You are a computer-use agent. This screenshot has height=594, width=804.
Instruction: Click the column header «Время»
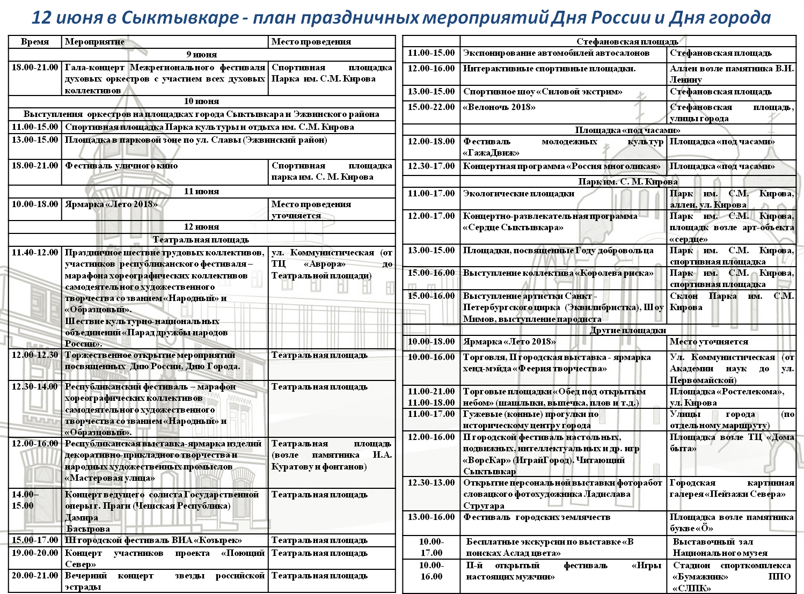tap(35, 42)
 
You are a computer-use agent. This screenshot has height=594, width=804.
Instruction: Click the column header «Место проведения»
tap(311, 42)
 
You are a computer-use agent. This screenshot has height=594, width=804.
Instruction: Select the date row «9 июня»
tap(202, 54)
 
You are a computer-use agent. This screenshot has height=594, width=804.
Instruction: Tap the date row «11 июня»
tap(202, 191)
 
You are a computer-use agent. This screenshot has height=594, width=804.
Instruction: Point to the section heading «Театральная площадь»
tap(201, 239)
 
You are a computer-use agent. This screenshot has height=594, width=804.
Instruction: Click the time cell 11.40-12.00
tap(35, 253)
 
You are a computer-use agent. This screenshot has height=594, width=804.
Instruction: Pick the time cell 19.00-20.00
tap(35, 553)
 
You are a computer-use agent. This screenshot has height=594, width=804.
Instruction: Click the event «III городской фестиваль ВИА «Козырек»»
tap(154, 540)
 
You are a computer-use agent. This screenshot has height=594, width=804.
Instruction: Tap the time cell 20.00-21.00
tap(35, 576)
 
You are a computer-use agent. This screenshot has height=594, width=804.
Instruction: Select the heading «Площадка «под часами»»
tap(627, 130)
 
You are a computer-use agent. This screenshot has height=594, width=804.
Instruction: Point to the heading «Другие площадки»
tap(627, 330)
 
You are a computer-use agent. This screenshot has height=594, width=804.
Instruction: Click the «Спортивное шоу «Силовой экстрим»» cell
tap(543, 92)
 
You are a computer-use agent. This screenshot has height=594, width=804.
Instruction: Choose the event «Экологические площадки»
tap(518, 194)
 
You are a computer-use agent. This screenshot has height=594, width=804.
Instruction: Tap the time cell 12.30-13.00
tap(431, 483)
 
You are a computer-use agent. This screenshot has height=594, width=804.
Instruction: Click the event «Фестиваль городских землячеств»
tap(537, 517)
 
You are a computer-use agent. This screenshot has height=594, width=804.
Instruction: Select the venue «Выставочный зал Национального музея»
tap(720, 547)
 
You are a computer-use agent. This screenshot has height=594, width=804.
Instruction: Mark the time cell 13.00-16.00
tap(431, 517)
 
